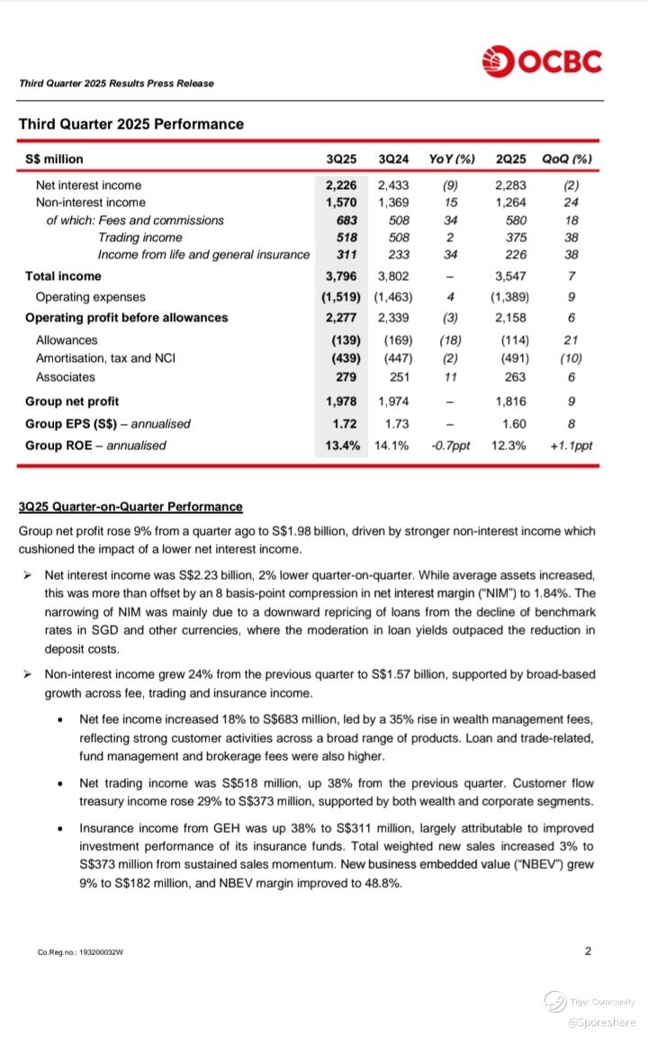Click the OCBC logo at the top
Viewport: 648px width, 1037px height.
click(x=542, y=61)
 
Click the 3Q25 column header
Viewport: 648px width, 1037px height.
click(x=342, y=159)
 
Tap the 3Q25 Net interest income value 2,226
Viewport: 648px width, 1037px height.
click(x=342, y=185)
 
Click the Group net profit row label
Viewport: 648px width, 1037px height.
click(x=72, y=401)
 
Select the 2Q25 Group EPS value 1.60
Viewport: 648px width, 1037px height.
click(x=510, y=423)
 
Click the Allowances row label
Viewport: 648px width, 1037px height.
click(x=67, y=340)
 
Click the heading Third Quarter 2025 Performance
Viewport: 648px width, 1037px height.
click(x=130, y=124)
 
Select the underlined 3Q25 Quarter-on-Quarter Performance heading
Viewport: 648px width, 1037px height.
click(x=130, y=507)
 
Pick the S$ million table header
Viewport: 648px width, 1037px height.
click(x=54, y=159)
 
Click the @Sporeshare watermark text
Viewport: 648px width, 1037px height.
click(x=601, y=1022)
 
